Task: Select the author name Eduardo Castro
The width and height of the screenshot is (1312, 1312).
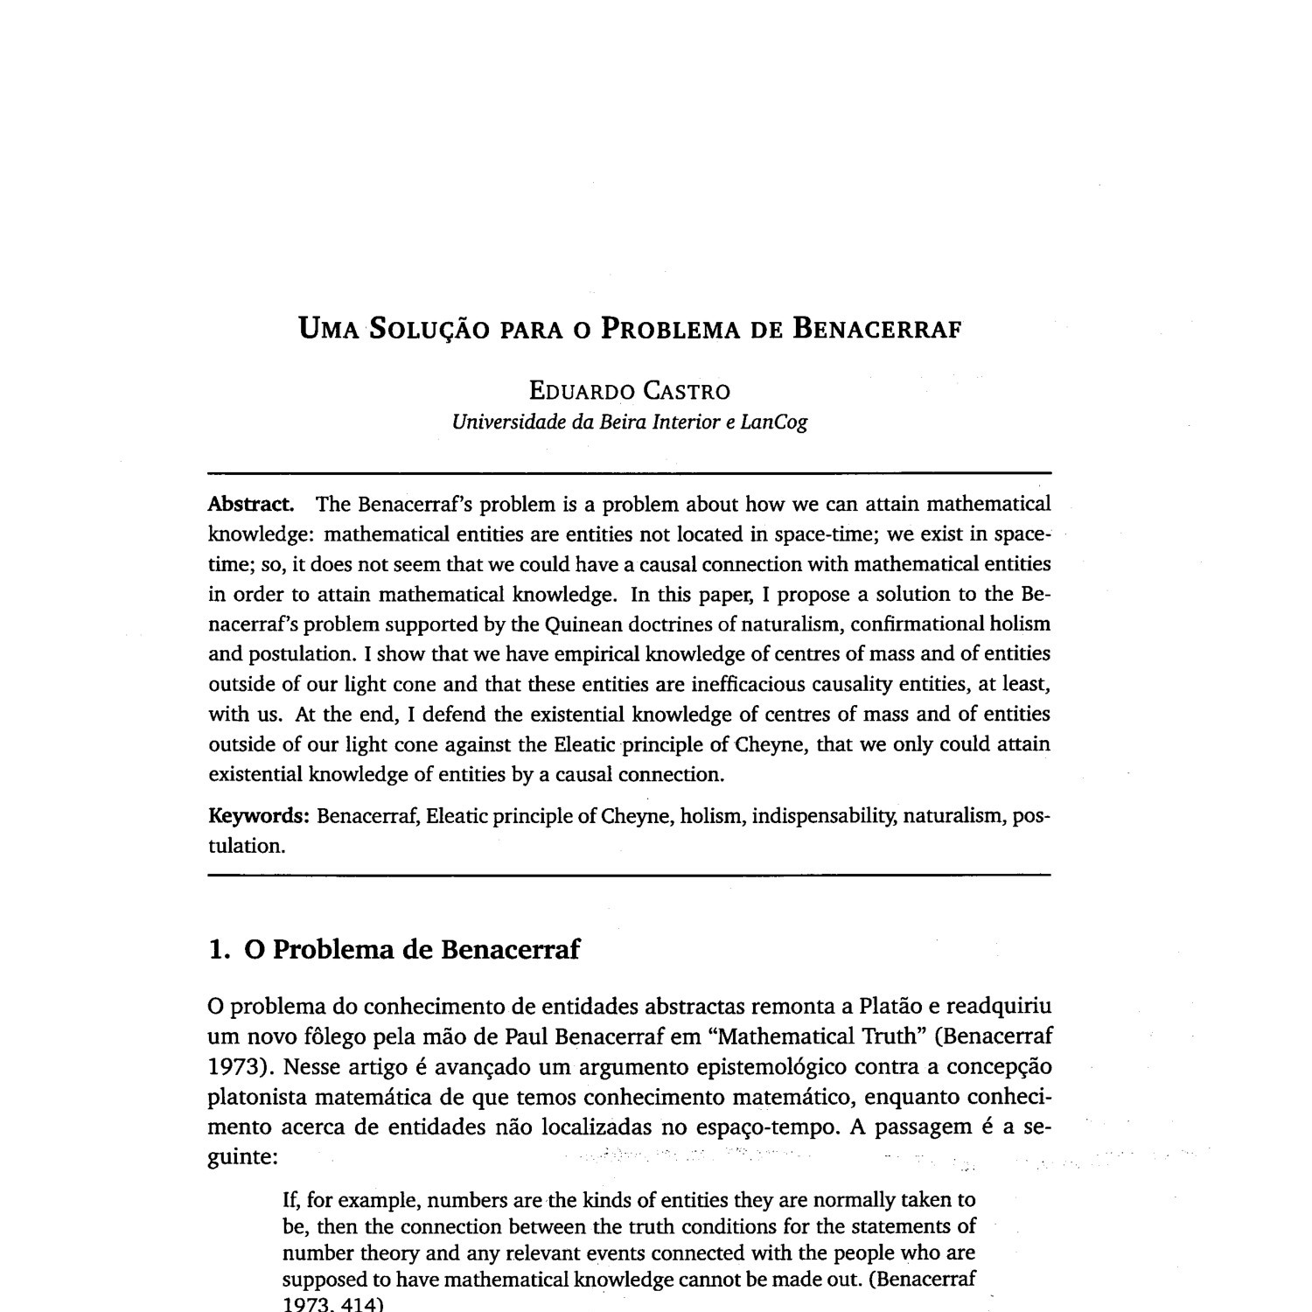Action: (x=629, y=390)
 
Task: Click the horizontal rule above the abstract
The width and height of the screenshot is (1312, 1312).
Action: (x=629, y=472)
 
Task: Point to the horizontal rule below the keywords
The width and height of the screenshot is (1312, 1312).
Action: (x=629, y=875)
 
